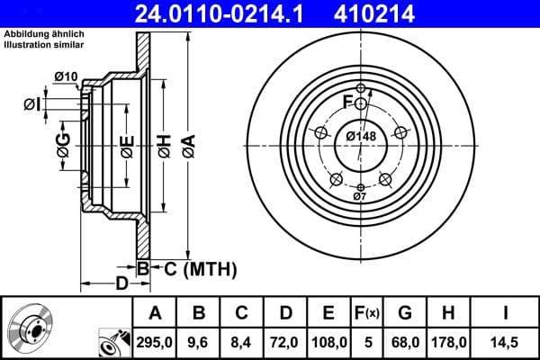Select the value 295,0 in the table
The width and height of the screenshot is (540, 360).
coord(155,342)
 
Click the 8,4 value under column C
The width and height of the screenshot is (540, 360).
coord(242,342)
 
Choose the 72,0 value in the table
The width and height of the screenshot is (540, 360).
coord(284,342)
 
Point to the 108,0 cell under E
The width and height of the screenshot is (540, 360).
coord(328,342)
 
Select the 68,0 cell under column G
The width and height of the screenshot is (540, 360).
coord(404,342)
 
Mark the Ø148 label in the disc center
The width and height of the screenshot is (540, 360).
coord(361,136)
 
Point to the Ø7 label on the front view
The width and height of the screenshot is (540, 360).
coord(359,195)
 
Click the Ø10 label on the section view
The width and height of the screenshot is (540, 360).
coord(66,76)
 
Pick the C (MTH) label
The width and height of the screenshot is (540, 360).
coord(193,267)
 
